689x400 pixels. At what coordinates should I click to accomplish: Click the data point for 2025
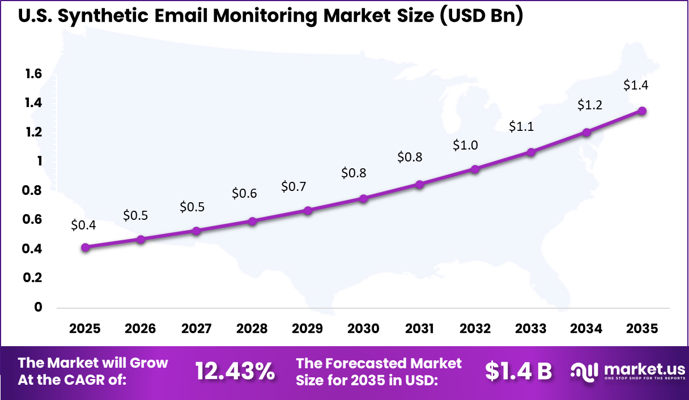[85, 247]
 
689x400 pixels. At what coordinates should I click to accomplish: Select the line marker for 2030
[364, 198]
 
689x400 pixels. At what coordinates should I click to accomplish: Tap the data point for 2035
[643, 111]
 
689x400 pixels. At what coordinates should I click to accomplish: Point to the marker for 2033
[531, 152]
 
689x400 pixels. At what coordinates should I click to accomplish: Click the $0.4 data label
[83, 225]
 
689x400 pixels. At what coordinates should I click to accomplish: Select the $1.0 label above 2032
[465, 145]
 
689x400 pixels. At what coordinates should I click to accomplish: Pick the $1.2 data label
[590, 105]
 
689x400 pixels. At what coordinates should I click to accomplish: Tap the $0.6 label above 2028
[244, 194]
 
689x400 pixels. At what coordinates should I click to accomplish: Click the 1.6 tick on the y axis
[33, 74]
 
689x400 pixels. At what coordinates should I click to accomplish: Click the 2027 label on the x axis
[195, 329]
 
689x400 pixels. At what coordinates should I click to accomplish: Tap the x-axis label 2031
[419, 329]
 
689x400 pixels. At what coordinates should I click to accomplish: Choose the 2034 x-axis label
[587, 329]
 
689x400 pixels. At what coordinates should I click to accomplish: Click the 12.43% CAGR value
[235, 372]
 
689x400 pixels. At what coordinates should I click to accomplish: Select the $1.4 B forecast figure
[518, 372]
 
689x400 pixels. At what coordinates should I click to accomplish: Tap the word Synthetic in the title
[105, 16]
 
